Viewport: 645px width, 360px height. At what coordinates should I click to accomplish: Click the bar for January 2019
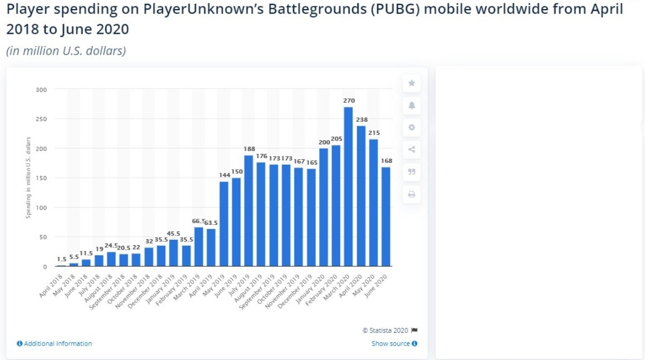(173, 253)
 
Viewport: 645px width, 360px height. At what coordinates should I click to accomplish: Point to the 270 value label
(349, 101)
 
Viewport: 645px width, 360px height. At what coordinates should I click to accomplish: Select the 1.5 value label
(61, 259)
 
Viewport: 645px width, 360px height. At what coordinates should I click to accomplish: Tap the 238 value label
(361, 120)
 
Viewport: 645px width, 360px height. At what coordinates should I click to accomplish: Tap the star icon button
(412, 83)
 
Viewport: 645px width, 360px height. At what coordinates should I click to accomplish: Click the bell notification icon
(412, 105)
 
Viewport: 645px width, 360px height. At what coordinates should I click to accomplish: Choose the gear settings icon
(412, 128)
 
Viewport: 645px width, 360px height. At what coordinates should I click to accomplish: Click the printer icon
(412, 194)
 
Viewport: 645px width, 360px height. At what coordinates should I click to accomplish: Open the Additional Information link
(57, 343)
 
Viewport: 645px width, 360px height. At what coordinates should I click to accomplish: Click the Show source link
(391, 343)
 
